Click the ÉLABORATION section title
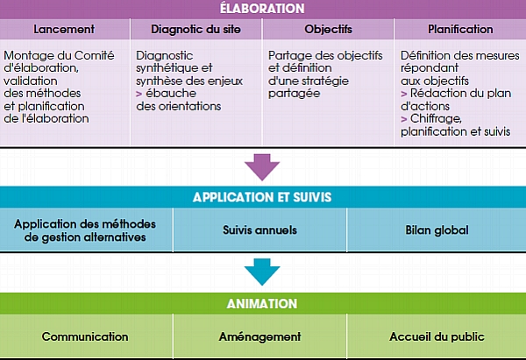pos(262,9)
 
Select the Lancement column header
pos(64,29)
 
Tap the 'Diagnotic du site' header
pos(195,29)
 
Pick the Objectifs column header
pos(328,29)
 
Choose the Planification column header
pos(460,29)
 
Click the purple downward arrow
pos(262,167)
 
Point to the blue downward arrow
pos(262,272)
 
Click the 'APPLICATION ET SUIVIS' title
pos(262,197)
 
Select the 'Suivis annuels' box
pos(260,230)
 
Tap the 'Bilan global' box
pos(437,230)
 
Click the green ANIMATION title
pos(262,304)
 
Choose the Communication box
pos(86,336)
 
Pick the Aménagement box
pos(260,336)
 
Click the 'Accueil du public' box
pos(437,336)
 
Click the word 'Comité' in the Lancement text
pos(95,55)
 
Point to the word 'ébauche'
pos(171,93)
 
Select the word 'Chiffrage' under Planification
pos(436,118)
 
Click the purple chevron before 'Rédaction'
pos(404,94)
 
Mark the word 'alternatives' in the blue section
pos(115,237)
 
